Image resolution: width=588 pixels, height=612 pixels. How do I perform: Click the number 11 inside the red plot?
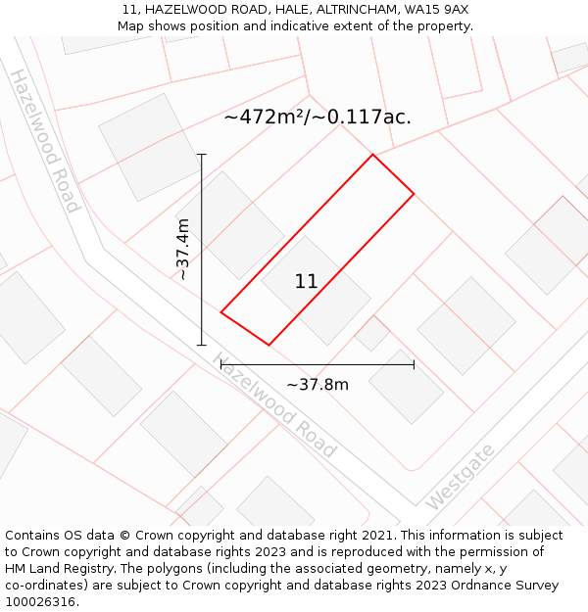click(306, 282)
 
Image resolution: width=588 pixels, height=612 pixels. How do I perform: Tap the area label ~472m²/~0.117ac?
click(318, 118)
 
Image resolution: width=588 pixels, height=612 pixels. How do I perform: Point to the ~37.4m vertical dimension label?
click(183, 250)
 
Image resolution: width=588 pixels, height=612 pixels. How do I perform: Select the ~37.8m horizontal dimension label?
click(318, 384)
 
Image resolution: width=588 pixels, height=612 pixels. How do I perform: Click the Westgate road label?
click(460, 475)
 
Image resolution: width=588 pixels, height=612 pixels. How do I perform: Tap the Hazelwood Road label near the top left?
click(45, 140)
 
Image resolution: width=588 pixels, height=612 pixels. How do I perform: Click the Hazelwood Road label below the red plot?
click(274, 404)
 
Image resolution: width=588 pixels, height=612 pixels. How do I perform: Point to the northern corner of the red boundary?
click(372, 155)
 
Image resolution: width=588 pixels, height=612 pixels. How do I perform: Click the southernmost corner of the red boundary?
click(269, 345)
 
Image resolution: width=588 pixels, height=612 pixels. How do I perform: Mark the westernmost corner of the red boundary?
click(221, 312)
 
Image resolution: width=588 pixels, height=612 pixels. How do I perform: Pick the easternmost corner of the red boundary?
click(414, 194)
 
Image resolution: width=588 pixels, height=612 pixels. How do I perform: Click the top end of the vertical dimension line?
click(202, 155)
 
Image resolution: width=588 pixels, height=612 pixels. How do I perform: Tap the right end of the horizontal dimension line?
click(414, 364)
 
